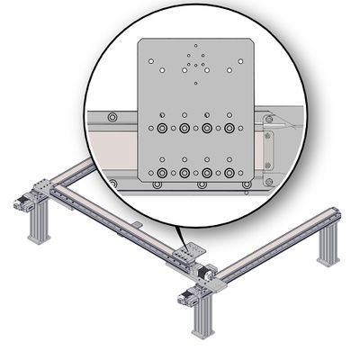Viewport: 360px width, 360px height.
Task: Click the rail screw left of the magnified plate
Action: (x=111, y=119)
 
